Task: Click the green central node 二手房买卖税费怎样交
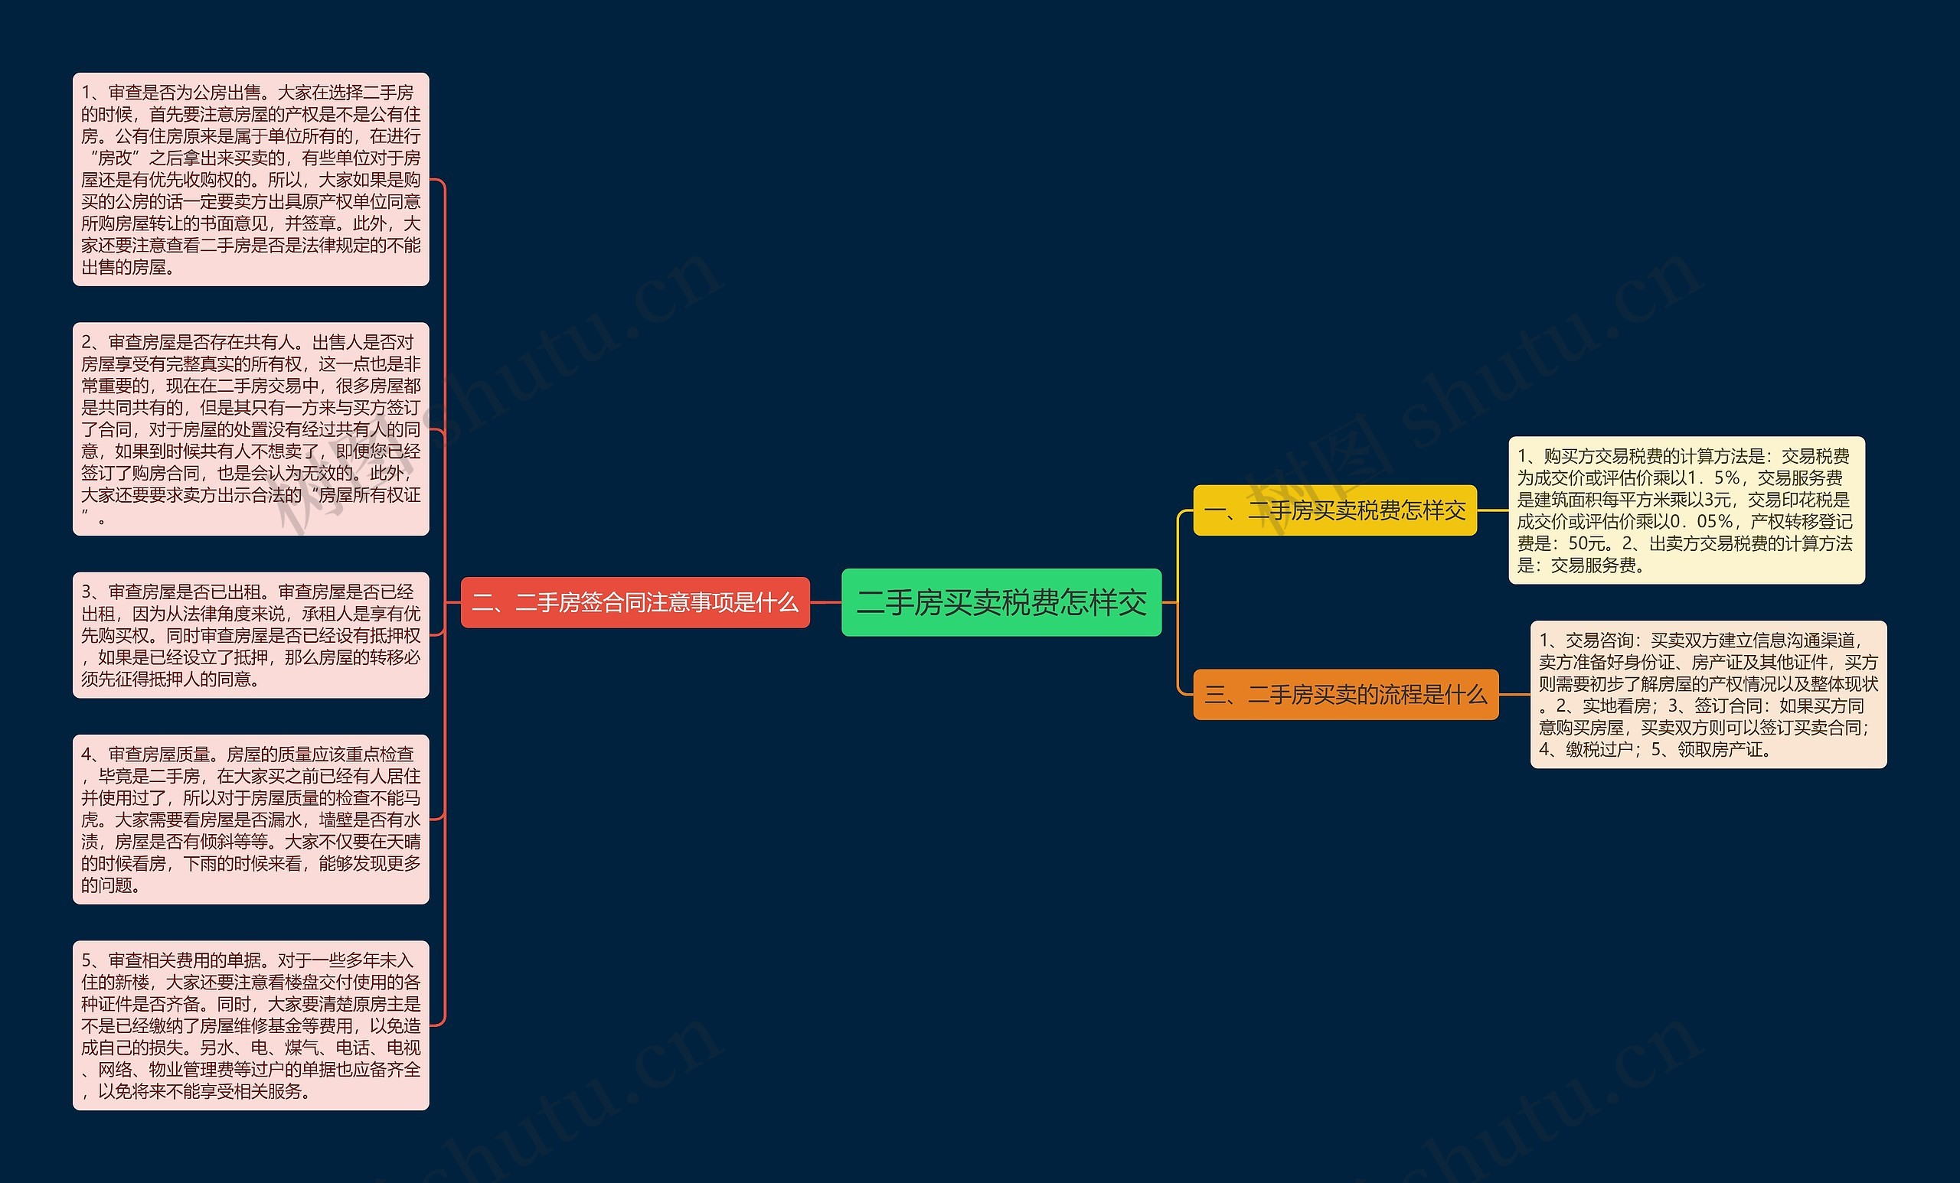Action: pos(1001,603)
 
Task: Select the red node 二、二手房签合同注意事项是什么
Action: pos(635,603)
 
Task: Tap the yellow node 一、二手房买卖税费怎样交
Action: pos(1334,510)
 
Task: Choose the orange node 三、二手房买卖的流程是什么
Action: pos(1345,695)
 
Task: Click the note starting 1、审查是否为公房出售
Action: pos(250,180)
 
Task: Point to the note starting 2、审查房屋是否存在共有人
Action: pos(250,429)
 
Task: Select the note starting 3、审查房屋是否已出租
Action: pos(250,635)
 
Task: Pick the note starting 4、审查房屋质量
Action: pos(250,819)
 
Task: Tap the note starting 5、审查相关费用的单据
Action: pos(250,1025)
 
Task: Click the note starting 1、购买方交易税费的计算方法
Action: pos(1687,510)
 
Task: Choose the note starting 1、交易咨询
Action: pos(1708,695)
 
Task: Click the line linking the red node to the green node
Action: pos(825,603)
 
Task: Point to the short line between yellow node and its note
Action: pos(1492,510)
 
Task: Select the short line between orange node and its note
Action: pos(1514,695)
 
